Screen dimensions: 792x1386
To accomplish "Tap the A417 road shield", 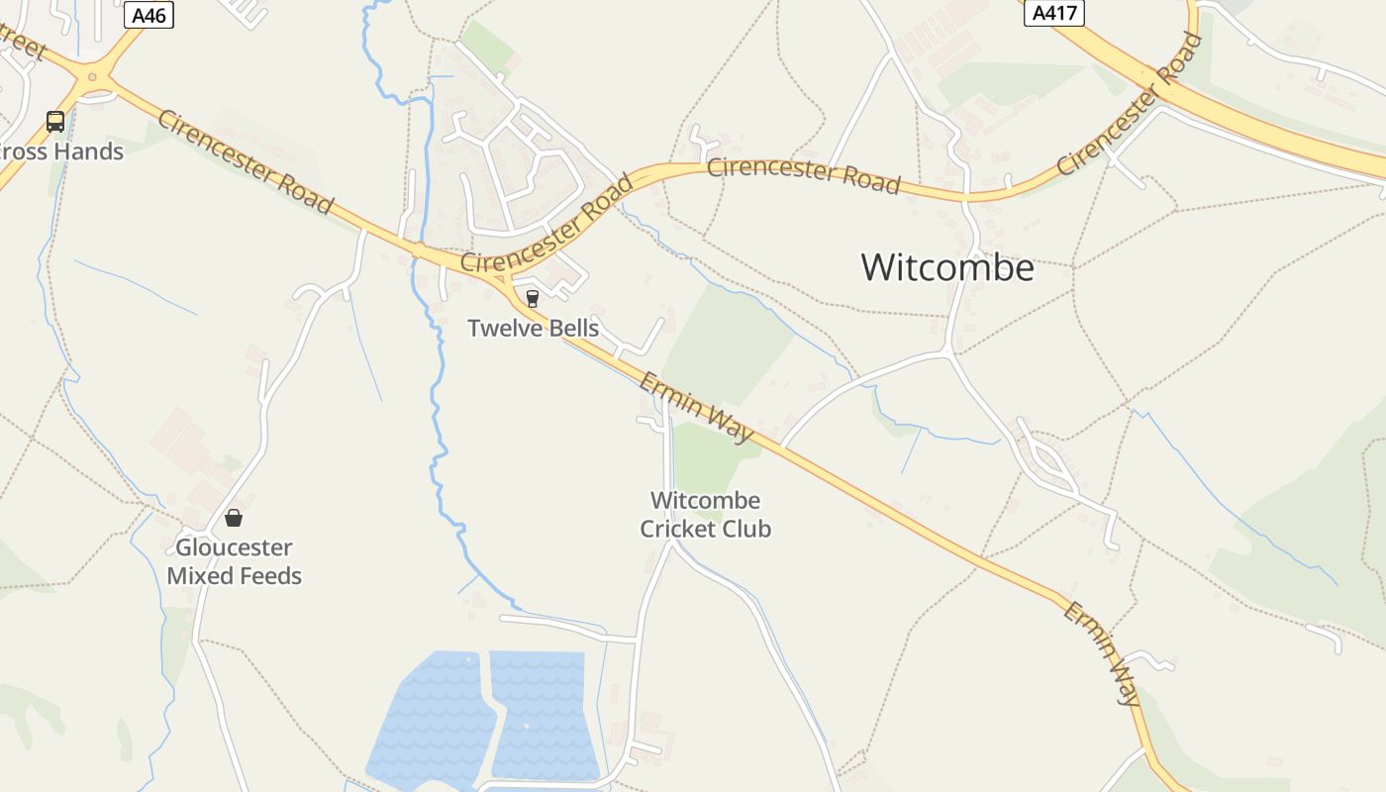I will [1053, 13].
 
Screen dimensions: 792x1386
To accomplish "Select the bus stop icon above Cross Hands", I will [55, 122].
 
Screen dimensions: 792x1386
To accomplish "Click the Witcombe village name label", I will [946, 267].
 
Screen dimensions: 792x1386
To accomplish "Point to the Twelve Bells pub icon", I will [533, 298].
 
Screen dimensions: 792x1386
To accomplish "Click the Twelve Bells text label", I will [533, 328].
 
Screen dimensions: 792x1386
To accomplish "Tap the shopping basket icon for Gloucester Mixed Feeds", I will [234, 518].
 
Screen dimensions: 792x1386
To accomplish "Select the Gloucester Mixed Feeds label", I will [234, 561].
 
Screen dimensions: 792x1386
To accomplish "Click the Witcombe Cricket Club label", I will [705, 515].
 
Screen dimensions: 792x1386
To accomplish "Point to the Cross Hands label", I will [63, 151].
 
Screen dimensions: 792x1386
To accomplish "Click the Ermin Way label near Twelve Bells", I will [697, 407].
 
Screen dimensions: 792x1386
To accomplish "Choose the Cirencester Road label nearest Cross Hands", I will [246, 161].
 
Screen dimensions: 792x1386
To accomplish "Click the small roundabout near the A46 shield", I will [92, 76].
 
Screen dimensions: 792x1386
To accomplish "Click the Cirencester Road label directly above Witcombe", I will [803, 175].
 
